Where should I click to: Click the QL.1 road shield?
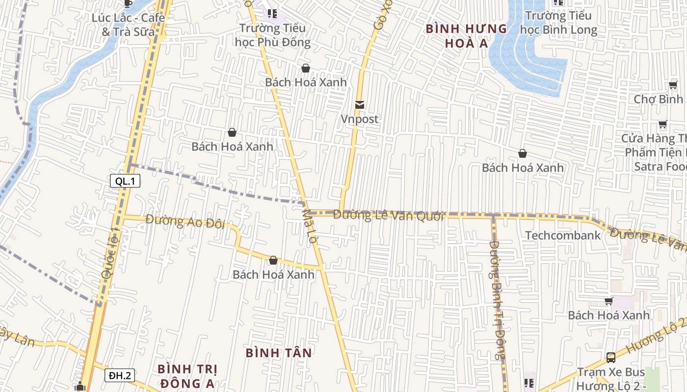click(x=125, y=181)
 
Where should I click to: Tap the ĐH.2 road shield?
click(x=120, y=376)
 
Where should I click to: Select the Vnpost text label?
click(x=360, y=119)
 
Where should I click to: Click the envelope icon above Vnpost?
click(x=360, y=105)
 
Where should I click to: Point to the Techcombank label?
click(x=563, y=236)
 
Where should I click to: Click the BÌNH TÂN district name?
click(x=279, y=353)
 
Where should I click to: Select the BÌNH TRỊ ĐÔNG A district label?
click(x=187, y=376)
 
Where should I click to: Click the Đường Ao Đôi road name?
click(x=185, y=221)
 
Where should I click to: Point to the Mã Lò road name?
click(x=311, y=227)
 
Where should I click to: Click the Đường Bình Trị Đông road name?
click(x=497, y=300)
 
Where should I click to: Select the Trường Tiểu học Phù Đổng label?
click(x=273, y=35)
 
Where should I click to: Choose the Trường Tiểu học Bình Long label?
click(x=558, y=23)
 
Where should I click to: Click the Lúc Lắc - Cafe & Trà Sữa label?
click(x=128, y=24)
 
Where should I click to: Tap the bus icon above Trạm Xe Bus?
click(x=611, y=358)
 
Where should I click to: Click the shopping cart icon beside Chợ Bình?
click(x=673, y=85)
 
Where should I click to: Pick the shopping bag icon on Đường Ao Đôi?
click(x=273, y=260)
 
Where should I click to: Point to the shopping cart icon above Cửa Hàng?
click(x=662, y=124)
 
